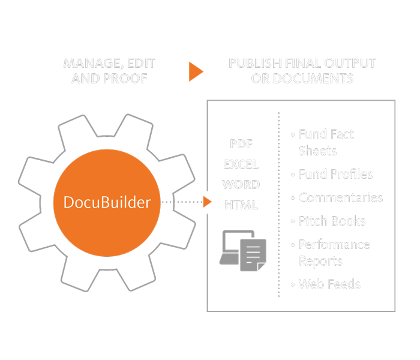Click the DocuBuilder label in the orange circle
(x=107, y=202)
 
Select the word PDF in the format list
(x=241, y=145)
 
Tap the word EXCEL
(x=241, y=164)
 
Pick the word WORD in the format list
(x=241, y=184)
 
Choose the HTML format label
(x=241, y=205)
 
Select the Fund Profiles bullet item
(x=335, y=175)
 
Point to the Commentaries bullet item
(x=340, y=198)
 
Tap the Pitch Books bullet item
(x=332, y=221)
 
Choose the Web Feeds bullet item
(x=329, y=284)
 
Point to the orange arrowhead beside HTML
(x=208, y=202)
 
